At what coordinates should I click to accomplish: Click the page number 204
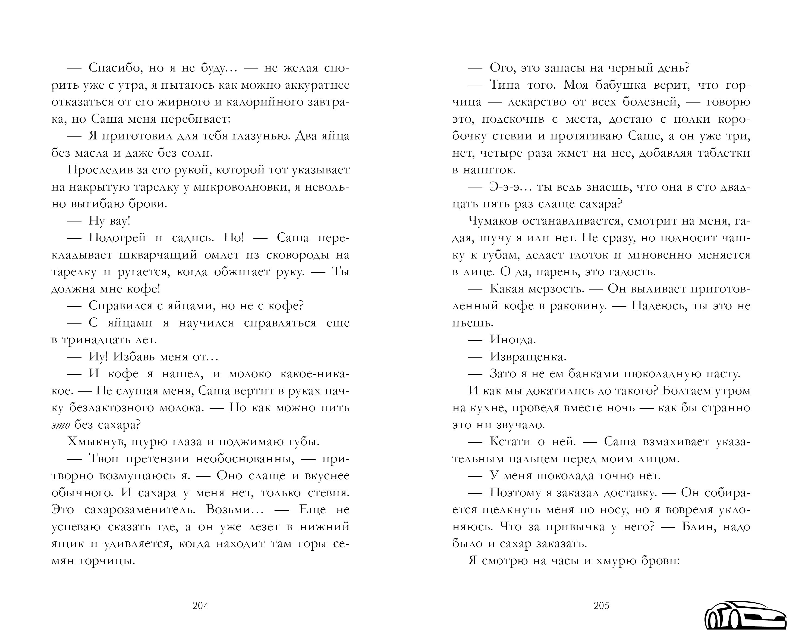click(x=200, y=606)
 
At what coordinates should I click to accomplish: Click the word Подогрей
click(x=117, y=238)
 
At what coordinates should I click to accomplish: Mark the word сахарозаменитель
click(x=140, y=510)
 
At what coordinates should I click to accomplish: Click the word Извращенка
click(x=528, y=357)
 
